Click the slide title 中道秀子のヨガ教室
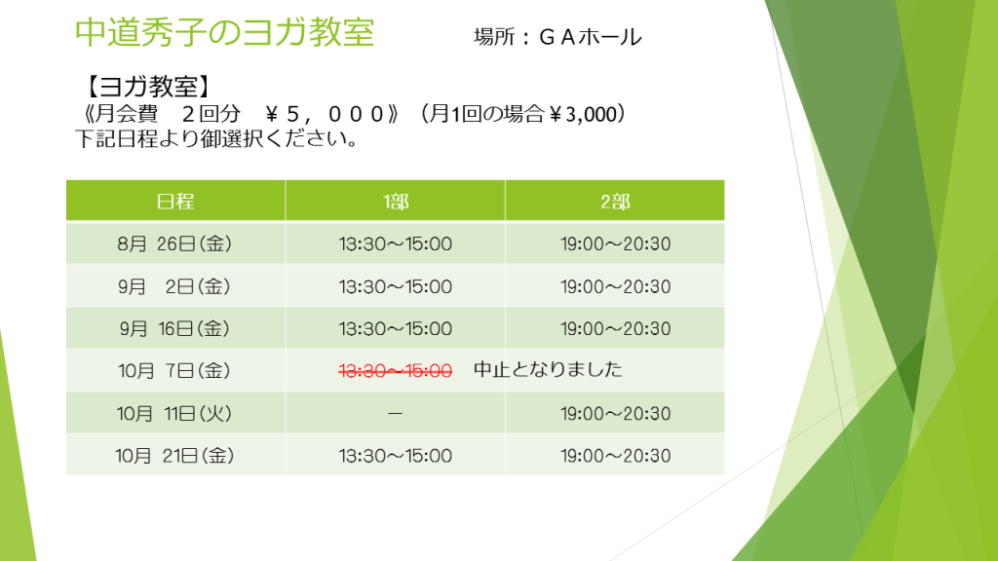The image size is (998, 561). [224, 32]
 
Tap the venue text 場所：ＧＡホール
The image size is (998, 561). [557, 37]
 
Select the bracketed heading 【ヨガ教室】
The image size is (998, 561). [148, 87]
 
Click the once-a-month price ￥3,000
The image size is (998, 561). [582, 114]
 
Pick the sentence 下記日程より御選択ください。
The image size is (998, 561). [217, 138]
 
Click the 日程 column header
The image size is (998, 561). [175, 202]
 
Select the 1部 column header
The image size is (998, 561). [396, 202]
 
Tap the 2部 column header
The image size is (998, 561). [615, 202]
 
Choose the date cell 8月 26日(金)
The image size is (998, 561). [174, 243]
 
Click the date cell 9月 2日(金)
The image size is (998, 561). [174, 286]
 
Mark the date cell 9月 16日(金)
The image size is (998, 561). [174, 329]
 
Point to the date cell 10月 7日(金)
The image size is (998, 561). [174, 370]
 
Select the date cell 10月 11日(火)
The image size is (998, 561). [174, 413]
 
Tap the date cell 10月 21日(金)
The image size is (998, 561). [174, 456]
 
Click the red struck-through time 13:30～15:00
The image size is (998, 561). [396, 371]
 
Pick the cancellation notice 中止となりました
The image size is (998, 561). [548, 369]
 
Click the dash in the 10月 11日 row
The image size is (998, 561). [396, 413]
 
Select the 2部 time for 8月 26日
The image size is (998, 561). [616, 244]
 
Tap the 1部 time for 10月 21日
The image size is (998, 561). [396, 456]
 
